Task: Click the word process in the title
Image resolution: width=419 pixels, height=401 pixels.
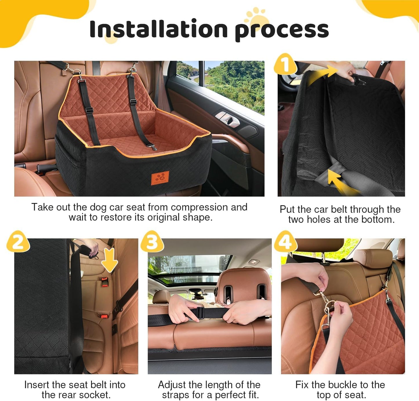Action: [282, 30]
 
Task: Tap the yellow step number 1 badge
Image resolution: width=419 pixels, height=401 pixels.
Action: [286, 64]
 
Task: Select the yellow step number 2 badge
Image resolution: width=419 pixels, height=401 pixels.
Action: [18, 242]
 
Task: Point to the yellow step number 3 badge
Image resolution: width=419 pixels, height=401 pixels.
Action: [152, 242]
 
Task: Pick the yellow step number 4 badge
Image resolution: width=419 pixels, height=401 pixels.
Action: [286, 242]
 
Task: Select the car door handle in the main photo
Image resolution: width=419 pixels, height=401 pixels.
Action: [227, 118]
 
